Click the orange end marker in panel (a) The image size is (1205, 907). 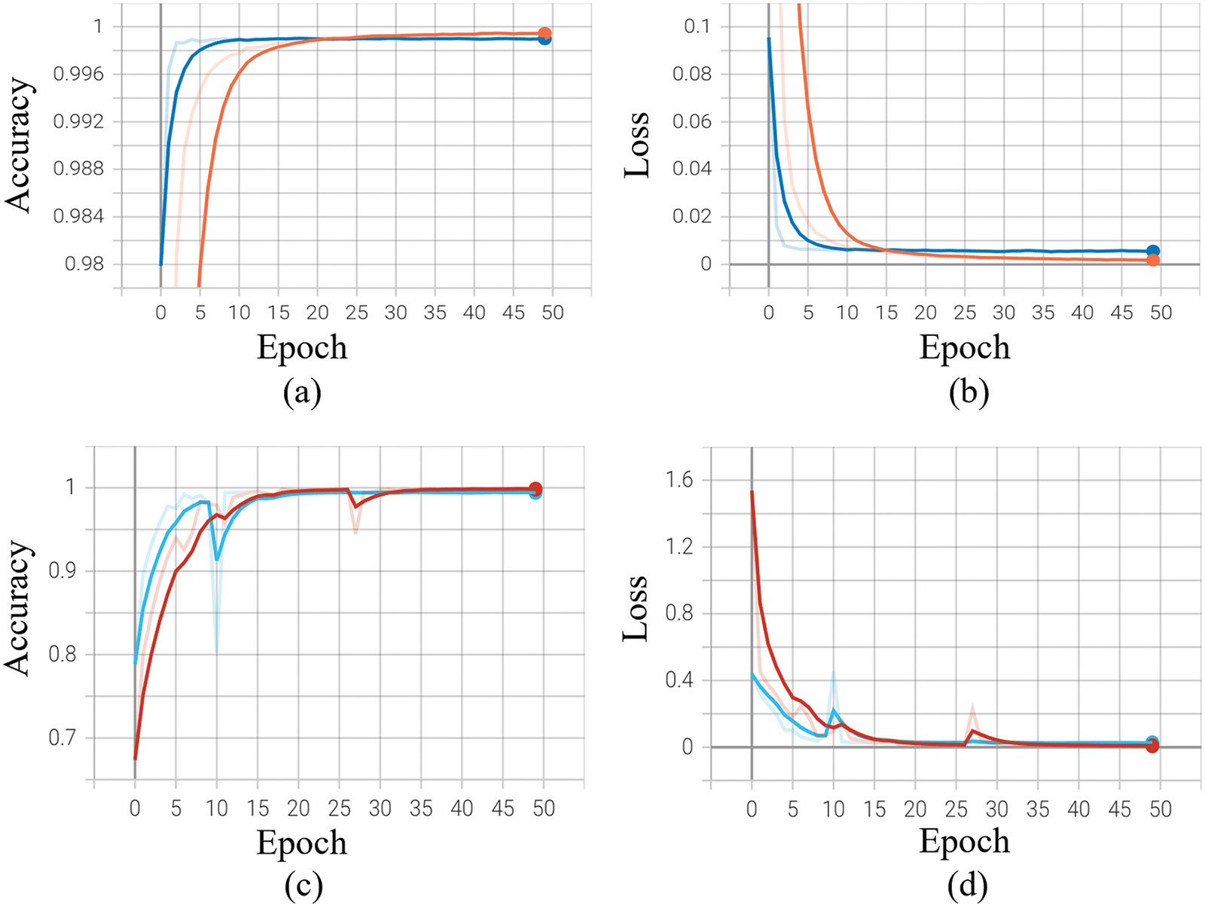pos(545,34)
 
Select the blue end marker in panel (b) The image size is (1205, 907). pos(1152,251)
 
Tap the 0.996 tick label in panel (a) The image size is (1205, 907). pos(78,74)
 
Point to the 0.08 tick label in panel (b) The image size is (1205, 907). pos(691,74)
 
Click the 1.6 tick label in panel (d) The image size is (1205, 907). pos(679,480)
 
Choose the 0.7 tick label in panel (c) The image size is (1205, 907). pos(63,737)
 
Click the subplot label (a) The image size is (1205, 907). pos(302,392)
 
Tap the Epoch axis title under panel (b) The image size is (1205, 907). pos(965,347)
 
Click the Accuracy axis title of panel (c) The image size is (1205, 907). pos(18,607)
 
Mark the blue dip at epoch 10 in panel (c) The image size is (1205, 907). pos(217,559)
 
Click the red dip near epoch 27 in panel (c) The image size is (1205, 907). pos(356,507)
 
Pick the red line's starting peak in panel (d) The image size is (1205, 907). pos(752,492)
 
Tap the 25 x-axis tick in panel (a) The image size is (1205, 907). pos(356,312)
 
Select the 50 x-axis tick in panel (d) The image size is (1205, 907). pos(1160,809)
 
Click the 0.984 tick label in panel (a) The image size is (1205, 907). pos(78,216)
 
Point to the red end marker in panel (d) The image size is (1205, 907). pos(1152,746)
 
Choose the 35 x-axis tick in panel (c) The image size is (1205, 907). pos(421,808)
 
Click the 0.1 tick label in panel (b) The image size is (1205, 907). pos(697,26)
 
